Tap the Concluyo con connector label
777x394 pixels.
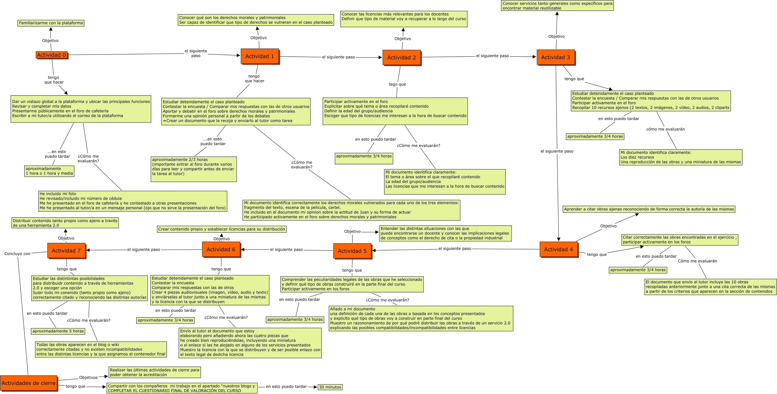click(18, 254)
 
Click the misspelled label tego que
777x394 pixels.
click(397, 84)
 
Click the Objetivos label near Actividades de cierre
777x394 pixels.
click(88, 377)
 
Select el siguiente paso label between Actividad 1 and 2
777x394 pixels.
click(338, 57)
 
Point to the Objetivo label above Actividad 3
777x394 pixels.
click(557, 37)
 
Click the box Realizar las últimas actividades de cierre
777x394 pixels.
click(154, 372)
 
